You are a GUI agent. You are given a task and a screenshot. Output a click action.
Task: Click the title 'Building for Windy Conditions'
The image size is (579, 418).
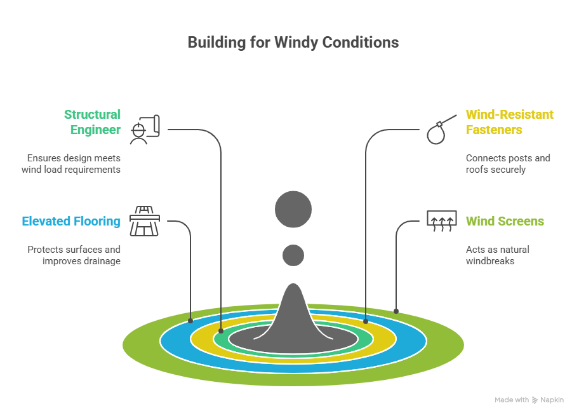pyautogui.click(x=293, y=43)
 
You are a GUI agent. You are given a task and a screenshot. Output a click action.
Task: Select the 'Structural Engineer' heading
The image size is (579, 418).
pyautogui.click(x=92, y=122)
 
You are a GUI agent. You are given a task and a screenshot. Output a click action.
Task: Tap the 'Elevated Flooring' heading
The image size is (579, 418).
pyautogui.click(x=71, y=222)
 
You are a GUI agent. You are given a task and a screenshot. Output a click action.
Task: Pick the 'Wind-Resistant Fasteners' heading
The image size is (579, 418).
pyautogui.click(x=509, y=122)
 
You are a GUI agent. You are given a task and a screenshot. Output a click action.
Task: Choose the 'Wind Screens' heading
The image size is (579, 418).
pyautogui.click(x=505, y=222)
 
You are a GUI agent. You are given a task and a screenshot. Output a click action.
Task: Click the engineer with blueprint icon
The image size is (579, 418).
pyautogui.click(x=145, y=129)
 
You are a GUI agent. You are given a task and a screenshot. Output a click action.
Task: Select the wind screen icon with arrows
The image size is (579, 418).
pyautogui.click(x=441, y=220)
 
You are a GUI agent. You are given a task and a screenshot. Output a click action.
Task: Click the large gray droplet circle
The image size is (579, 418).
pyautogui.click(x=293, y=209)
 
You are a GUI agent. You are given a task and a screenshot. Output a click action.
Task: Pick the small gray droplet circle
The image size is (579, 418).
pyautogui.click(x=293, y=255)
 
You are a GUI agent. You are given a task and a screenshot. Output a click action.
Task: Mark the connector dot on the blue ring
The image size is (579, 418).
pyautogui.click(x=191, y=321)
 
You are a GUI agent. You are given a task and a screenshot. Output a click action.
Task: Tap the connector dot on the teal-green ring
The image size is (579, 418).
pyautogui.click(x=220, y=331)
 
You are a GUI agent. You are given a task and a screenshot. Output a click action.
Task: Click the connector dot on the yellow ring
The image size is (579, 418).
pyautogui.click(x=366, y=322)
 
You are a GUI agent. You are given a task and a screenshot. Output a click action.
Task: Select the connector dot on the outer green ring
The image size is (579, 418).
pyautogui.click(x=396, y=311)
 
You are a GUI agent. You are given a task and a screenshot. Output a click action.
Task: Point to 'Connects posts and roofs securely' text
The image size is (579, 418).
pyautogui.click(x=508, y=164)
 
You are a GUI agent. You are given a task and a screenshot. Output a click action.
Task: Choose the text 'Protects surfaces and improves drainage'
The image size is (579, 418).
pyautogui.click(x=74, y=255)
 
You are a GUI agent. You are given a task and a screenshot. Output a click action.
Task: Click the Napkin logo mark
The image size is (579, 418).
pyautogui.click(x=535, y=400)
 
